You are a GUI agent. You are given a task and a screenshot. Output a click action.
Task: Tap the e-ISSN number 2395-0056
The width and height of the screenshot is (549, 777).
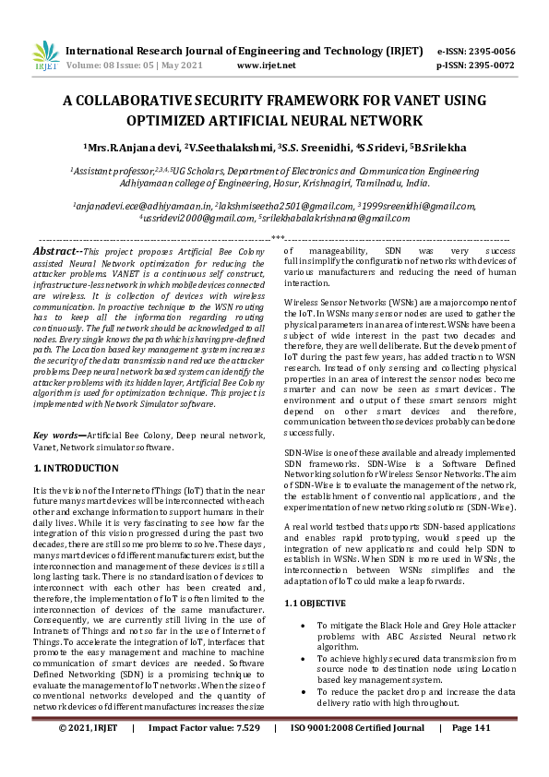point(488,51)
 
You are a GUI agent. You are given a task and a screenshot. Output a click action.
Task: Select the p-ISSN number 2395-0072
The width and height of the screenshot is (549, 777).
point(488,66)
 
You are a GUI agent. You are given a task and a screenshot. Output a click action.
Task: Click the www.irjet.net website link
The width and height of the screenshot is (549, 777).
point(266,66)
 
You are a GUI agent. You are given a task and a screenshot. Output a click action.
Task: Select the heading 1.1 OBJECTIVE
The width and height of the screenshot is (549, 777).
point(315,604)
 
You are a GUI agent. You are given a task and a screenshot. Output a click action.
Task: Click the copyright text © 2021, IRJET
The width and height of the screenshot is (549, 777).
point(89,754)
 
